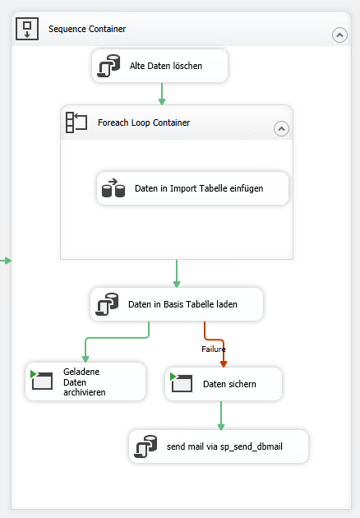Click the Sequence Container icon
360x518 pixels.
pos(27,29)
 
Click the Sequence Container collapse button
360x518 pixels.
pos(339,35)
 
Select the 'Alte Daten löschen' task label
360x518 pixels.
pos(166,66)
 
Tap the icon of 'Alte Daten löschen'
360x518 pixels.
pos(108,66)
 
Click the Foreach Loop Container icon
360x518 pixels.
pos(76,123)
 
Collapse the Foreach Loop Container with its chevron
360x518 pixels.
pos(281,129)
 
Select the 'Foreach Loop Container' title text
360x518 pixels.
pos(144,123)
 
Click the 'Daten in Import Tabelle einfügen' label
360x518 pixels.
pos(199,188)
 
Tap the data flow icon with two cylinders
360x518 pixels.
pos(113,188)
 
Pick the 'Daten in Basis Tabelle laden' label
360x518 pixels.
pos(182,304)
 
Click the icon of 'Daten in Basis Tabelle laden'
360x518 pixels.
pos(107,304)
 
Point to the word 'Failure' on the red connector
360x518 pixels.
pos(214,349)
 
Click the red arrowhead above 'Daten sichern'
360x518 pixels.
pos(224,364)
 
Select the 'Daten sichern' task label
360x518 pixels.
pos(229,384)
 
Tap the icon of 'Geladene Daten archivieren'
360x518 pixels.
pos(41,380)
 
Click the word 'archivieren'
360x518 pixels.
pos(85,392)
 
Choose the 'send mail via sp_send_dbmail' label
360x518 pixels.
pos(224,446)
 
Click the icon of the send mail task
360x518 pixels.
pos(145,446)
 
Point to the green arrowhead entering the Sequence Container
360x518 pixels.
pos(8,261)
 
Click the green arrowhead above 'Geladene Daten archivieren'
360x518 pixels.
pos(85,359)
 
